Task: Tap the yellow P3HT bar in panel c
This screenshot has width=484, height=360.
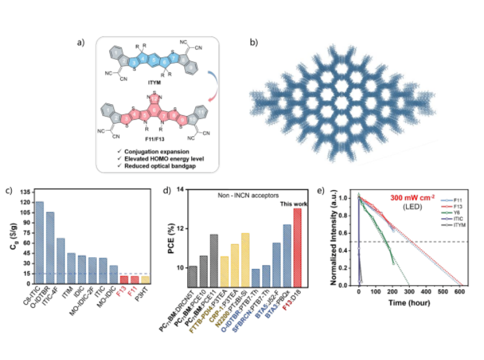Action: (x=145, y=279)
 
